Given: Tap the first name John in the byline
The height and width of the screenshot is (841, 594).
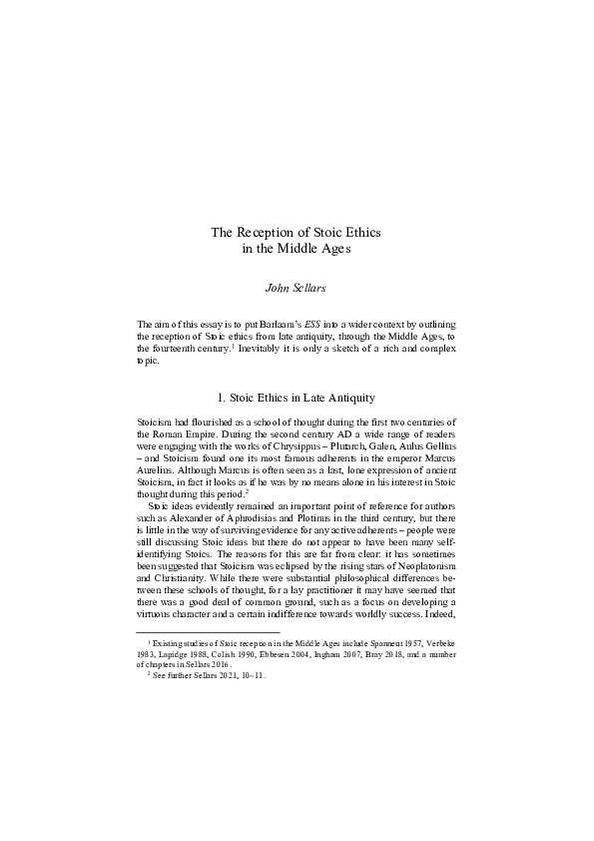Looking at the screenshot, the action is coord(276,288).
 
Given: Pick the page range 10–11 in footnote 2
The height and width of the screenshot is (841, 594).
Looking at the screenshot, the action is coord(253,675).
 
